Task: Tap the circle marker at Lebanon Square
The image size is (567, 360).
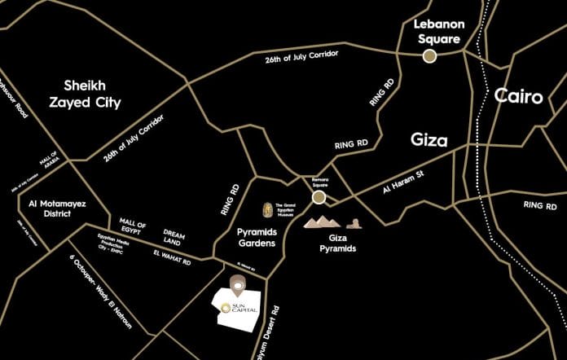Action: [x=429, y=55]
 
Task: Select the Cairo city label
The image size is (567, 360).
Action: [x=518, y=97]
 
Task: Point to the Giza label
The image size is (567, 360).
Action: [x=429, y=140]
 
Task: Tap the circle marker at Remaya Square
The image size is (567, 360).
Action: [x=319, y=196]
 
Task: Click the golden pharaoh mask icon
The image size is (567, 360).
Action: [x=267, y=211]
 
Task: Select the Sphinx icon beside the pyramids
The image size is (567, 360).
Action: [x=354, y=222]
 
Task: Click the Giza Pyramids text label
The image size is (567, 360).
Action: [x=337, y=243]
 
